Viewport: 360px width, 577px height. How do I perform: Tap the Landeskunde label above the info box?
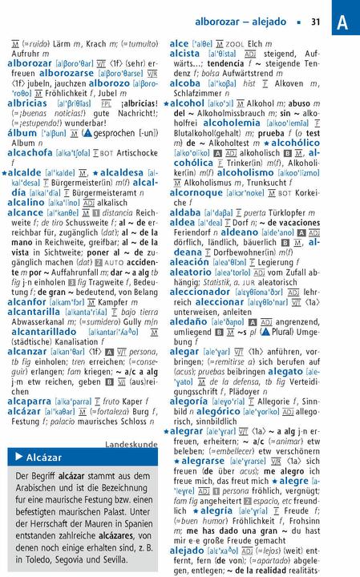pyautogui.click(x=131, y=442)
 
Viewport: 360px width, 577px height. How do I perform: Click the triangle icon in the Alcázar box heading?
pyautogui.click(x=19, y=458)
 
